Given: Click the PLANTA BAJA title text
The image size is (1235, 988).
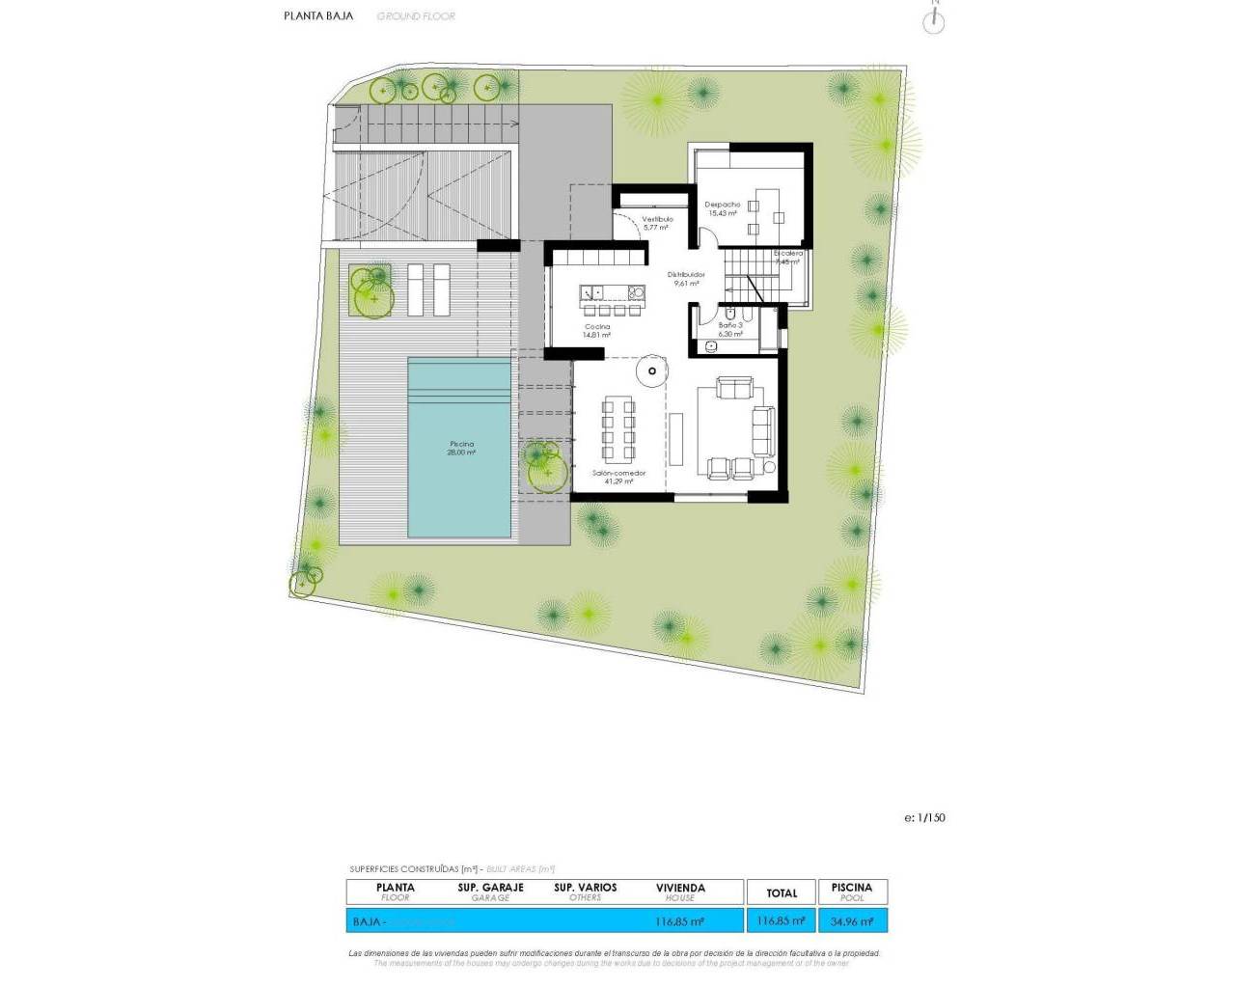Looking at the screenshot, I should point(318,15).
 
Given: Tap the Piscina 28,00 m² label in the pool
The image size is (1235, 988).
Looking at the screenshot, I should point(461,448).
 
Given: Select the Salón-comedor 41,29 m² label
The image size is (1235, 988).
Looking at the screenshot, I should point(618,477).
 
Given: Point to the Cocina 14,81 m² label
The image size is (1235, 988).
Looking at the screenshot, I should point(597,330).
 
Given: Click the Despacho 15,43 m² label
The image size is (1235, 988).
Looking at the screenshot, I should point(722,208).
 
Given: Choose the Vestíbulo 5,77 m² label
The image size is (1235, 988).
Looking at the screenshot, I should point(657,223).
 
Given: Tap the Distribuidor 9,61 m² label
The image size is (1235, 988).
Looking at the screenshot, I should point(686,279).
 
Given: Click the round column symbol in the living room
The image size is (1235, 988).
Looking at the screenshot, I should point(652,370).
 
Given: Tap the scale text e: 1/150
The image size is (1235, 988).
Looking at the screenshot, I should point(924,817).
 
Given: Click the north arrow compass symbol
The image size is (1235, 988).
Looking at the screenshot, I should point(933,20).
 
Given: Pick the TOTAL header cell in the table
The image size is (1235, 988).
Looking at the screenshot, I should point(782,892).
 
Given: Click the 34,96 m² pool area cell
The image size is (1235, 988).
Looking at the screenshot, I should point(852,921).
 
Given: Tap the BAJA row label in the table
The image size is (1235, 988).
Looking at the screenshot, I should point(367,921).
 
